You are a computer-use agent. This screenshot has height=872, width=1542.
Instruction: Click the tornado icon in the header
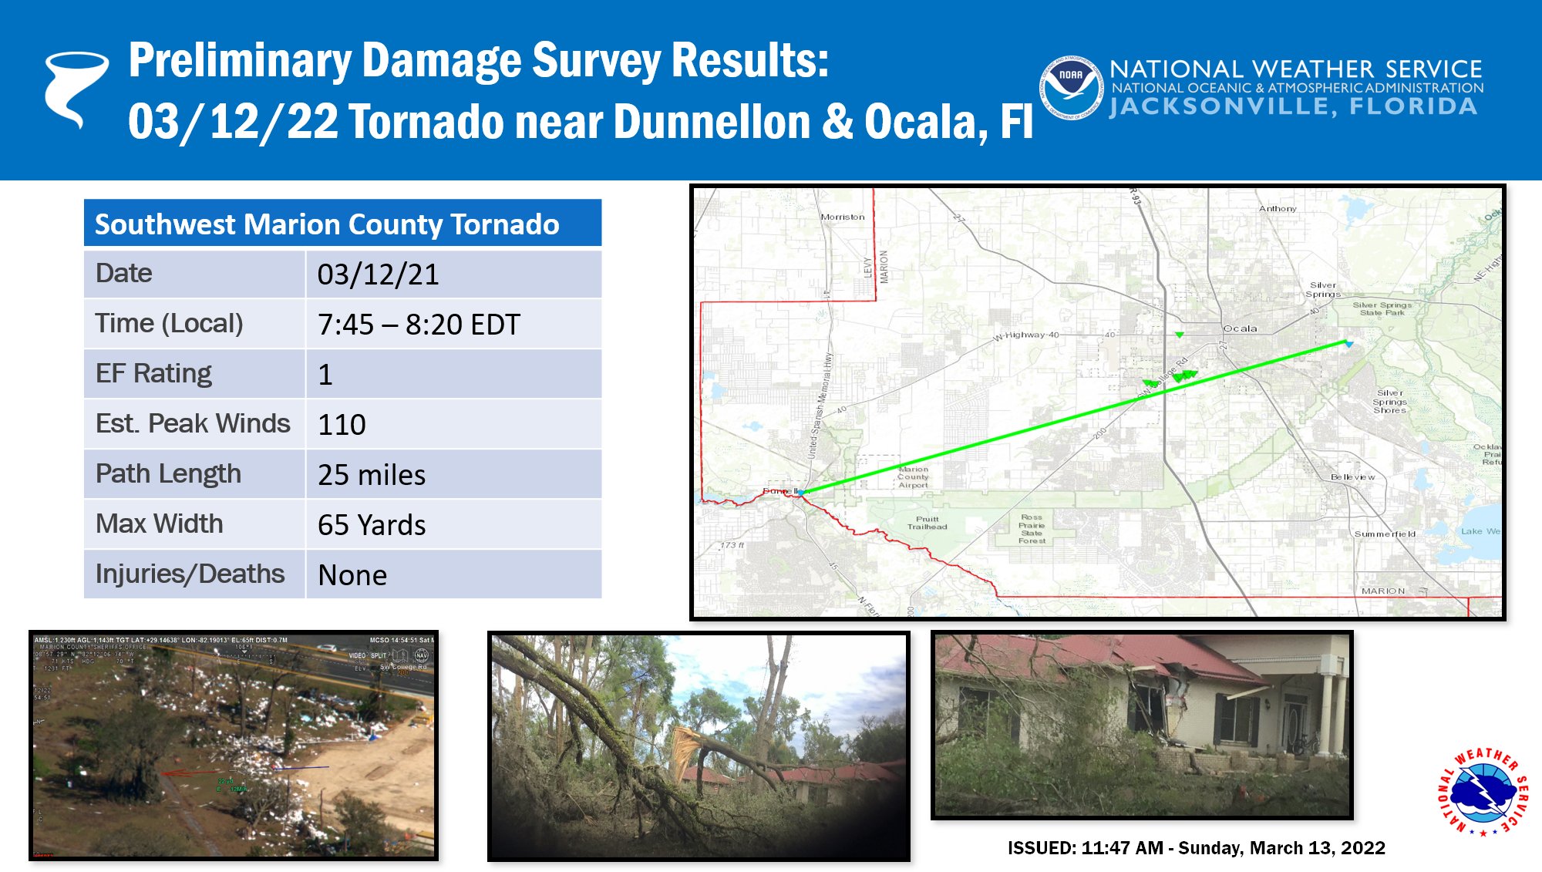(x=75, y=88)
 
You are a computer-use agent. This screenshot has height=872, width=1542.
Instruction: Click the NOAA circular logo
(x=1070, y=88)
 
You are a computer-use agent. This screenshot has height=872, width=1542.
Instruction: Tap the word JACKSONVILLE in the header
(x=1221, y=106)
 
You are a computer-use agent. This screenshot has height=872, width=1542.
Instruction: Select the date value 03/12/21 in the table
(x=378, y=274)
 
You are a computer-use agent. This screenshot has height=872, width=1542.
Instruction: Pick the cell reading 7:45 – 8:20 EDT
(x=419, y=325)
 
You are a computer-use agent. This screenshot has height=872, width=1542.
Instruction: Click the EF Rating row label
(x=153, y=374)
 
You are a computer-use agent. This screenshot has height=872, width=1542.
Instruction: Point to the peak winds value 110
(x=342, y=425)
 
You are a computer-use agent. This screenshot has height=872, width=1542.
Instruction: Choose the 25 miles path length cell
(x=372, y=475)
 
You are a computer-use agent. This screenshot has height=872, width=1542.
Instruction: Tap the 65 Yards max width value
(x=372, y=525)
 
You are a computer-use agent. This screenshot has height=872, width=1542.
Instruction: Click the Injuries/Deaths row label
(x=190, y=574)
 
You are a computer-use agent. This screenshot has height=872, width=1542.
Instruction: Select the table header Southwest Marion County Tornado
(x=327, y=224)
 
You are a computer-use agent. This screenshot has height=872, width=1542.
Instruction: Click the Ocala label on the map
(x=1240, y=328)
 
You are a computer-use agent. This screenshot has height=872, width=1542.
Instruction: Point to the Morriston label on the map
(x=843, y=217)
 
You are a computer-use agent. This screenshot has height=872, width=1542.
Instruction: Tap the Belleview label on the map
(x=1352, y=477)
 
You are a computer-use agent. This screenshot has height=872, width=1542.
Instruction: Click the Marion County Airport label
(x=913, y=477)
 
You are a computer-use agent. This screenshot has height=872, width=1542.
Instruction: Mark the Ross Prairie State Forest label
(x=1032, y=529)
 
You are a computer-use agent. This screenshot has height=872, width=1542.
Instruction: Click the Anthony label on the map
(x=1278, y=209)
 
